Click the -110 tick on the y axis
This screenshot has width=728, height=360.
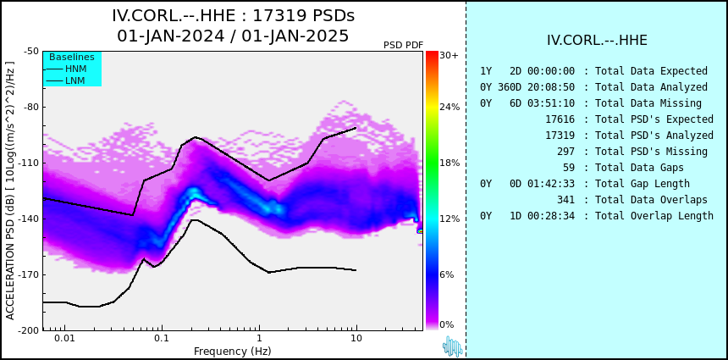(29, 163)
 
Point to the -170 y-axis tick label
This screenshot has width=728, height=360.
(29, 274)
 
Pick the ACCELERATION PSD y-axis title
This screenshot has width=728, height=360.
(10, 191)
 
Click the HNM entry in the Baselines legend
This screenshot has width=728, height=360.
(75, 69)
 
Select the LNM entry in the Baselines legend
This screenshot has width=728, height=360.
(75, 81)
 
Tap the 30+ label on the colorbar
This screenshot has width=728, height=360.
(449, 55)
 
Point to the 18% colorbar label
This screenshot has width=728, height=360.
(449, 163)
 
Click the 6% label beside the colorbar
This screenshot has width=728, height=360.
(447, 274)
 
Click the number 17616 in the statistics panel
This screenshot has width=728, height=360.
(560, 119)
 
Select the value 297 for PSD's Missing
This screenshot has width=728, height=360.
(565, 152)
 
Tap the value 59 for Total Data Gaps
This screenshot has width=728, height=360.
(569, 167)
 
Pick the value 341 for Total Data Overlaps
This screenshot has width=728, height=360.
(565, 200)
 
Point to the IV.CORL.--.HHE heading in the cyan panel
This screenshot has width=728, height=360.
(597, 40)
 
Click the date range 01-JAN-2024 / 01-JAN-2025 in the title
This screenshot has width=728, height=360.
(233, 36)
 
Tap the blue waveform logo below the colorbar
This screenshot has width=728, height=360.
(452, 346)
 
